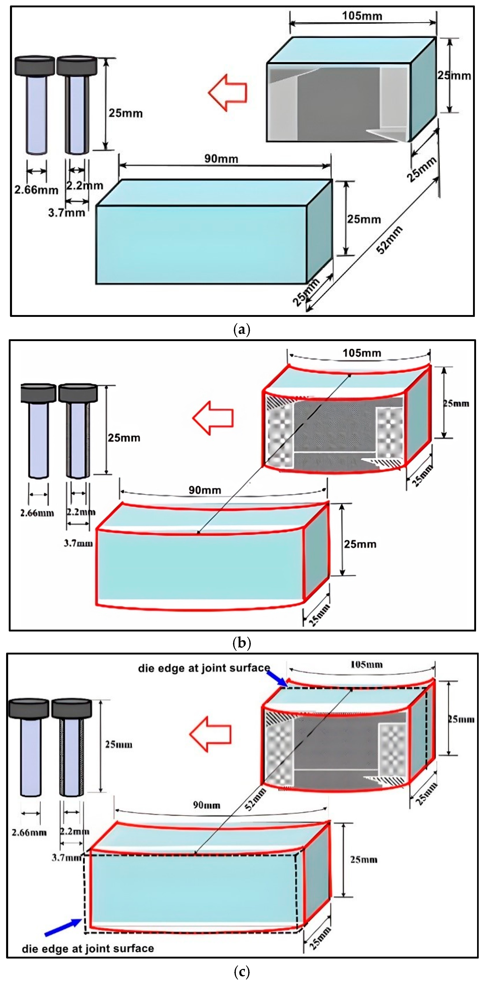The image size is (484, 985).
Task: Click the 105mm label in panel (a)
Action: [362, 16]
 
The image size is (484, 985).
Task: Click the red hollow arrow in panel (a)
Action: [228, 92]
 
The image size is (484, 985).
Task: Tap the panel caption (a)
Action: [242, 329]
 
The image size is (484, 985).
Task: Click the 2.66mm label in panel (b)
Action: [37, 513]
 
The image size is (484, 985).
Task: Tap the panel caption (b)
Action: [242, 643]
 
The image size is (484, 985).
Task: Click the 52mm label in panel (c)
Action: [255, 799]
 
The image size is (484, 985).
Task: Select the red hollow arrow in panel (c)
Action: [211, 734]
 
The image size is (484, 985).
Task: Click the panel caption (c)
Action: [242, 971]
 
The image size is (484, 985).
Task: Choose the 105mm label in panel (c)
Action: [366, 664]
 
